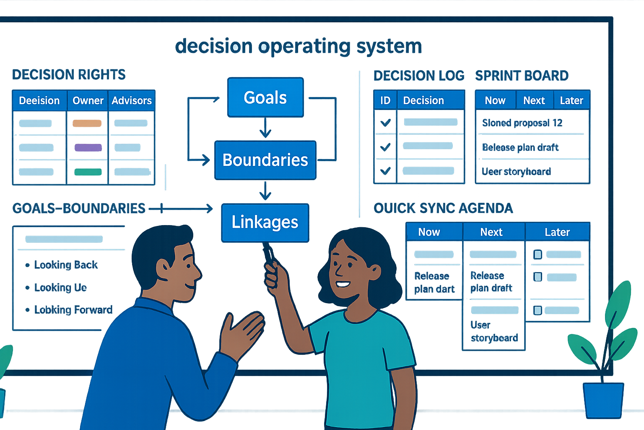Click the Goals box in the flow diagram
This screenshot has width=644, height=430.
265,97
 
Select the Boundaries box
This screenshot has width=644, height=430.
265,160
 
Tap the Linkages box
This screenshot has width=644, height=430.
265,222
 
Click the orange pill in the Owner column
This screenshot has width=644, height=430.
87,123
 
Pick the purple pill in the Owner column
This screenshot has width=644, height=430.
88,147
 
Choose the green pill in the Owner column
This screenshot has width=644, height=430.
88,172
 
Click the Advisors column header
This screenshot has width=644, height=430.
132,101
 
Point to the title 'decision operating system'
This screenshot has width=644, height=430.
298,46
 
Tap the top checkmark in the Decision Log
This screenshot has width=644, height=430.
385,123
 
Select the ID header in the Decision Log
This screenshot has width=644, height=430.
385,101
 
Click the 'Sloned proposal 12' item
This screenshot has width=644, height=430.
522,123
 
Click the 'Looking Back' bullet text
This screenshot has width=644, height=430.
66,265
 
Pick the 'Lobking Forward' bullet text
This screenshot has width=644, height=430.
73,310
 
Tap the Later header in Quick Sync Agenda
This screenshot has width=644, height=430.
557,232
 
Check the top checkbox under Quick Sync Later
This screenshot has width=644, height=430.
538,254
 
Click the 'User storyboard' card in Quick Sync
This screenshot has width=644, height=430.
493,331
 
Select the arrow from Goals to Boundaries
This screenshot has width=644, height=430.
265,128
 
